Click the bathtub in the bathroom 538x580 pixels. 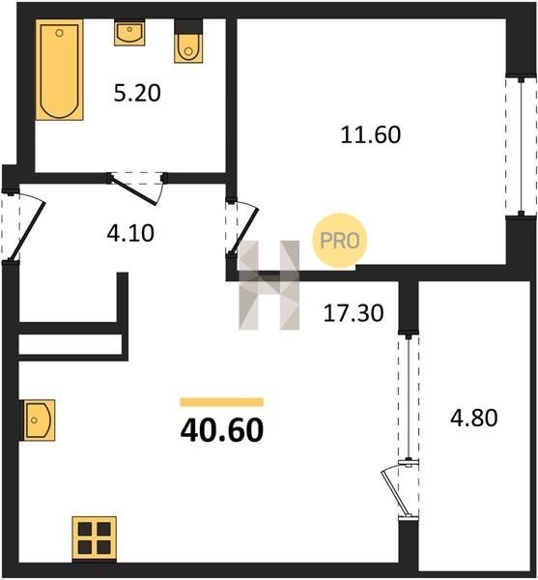point(59,70)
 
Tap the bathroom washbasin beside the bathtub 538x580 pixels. point(129,33)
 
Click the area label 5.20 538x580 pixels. point(137,93)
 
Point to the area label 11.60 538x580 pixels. point(370,134)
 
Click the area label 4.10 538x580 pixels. point(130,234)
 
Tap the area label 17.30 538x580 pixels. point(354,313)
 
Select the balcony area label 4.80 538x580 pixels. point(474,418)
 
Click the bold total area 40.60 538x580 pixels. point(222,430)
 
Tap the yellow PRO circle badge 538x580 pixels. point(340,241)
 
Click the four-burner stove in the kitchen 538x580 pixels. point(95,537)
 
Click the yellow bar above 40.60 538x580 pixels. point(222,402)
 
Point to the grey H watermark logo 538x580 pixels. point(269,285)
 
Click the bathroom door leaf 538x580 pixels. point(134,190)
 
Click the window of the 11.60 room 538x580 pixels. point(521,146)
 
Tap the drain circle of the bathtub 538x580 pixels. point(59,33)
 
